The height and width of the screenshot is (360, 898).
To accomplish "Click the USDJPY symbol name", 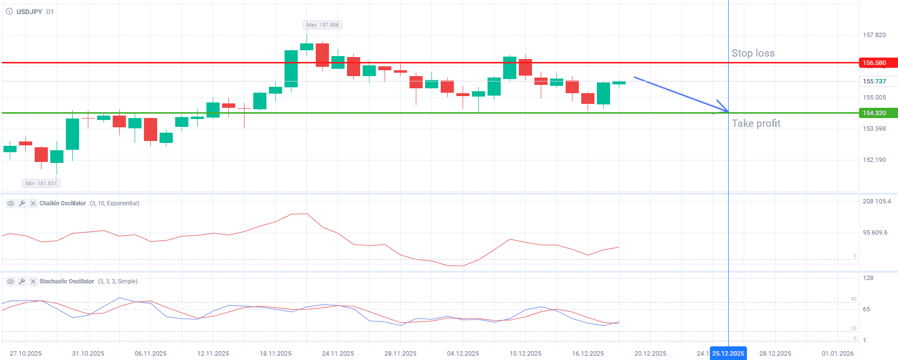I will click(x=29, y=12).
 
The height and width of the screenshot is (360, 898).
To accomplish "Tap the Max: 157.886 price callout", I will click(x=322, y=25).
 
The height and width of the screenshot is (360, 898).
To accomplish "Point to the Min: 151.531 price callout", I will click(x=41, y=183).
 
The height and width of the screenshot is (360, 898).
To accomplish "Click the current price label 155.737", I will click(x=874, y=81).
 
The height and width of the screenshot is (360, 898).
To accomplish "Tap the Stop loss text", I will click(x=753, y=53).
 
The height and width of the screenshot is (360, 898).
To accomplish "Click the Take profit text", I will click(x=755, y=123).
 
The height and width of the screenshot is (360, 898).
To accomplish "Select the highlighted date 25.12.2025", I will click(x=728, y=354).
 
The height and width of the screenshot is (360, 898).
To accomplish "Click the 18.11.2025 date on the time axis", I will click(x=275, y=354).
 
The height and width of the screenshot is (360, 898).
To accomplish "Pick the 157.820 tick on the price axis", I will click(x=874, y=35).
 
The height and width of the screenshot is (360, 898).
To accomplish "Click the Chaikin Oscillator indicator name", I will click(x=62, y=203).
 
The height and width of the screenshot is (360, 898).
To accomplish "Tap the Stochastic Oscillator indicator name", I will click(x=66, y=281).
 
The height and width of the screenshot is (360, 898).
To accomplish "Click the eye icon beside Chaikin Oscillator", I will click(x=11, y=203).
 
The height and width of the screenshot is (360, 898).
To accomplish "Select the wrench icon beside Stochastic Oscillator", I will click(x=22, y=281).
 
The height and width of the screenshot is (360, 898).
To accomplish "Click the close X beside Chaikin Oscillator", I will click(x=33, y=203).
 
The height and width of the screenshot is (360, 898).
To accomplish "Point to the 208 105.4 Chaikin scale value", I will click(x=877, y=201).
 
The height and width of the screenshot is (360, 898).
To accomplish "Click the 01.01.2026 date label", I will click(x=837, y=354).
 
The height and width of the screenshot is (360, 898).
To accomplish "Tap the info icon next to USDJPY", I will click(x=9, y=11).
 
